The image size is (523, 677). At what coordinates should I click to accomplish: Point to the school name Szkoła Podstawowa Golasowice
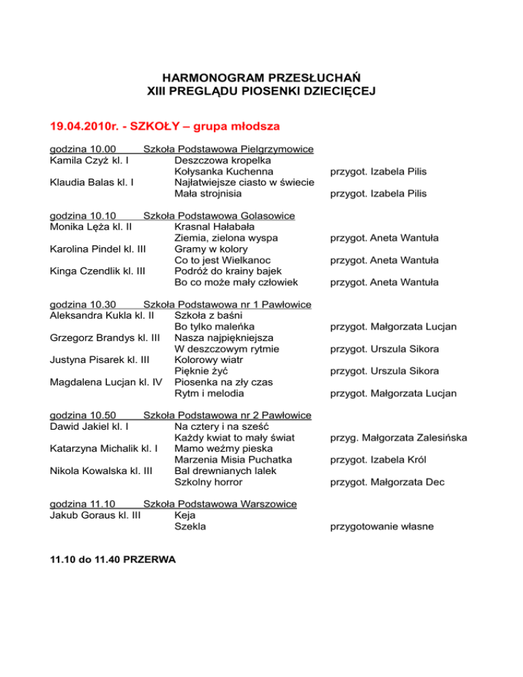pyautogui.click(x=219, y=216)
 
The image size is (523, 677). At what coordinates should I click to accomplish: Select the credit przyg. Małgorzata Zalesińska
pyautogui.click(x=398, y=437)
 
